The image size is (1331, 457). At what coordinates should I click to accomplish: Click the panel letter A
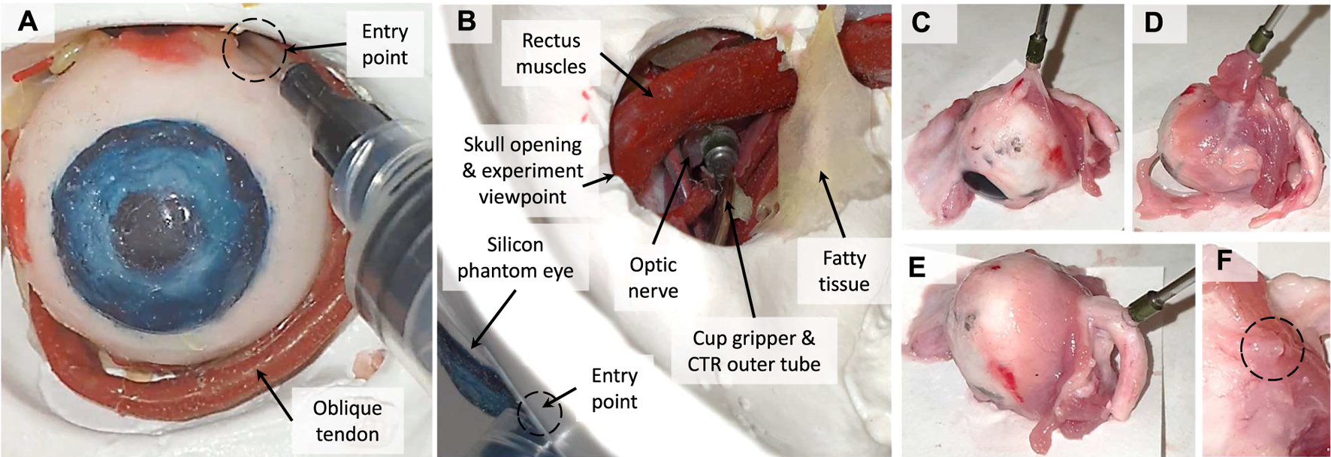[28, 21]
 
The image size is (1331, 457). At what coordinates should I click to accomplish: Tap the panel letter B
[466, 21]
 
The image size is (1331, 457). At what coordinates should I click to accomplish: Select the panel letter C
[921, 23]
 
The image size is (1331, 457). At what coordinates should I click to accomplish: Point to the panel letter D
[1154, 23]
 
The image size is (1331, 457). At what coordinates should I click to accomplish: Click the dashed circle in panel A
[255, 50]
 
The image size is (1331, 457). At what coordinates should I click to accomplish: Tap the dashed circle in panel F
[1272, 348]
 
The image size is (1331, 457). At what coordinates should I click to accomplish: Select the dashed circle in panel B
[539, 412]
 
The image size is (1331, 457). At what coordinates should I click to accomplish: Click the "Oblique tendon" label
[347, 421]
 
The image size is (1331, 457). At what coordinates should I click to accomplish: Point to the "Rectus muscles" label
[551, 53]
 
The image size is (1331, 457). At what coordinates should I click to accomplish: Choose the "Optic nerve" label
[653, 278]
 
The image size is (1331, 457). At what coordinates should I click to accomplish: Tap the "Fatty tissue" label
[844, 271]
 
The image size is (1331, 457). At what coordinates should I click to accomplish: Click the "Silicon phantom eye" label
[515, 257]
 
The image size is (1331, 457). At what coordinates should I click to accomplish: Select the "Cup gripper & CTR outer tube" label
[753, 351]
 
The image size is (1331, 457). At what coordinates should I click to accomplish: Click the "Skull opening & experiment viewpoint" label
[523, 170]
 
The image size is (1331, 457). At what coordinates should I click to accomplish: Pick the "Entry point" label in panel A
[385, 44]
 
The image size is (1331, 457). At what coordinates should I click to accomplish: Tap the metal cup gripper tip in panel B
[721, 142]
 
